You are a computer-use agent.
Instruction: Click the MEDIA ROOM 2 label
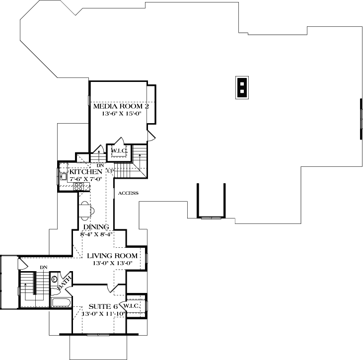click(x=121, y=106)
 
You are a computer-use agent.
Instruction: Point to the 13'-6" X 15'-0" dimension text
click(x=121, y=113)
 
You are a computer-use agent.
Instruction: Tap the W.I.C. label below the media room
click(x=119, y=150)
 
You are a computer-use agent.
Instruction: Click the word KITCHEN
click(x=86, y=172)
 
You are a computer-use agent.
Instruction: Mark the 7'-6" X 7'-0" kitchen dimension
click(x=86, y=179)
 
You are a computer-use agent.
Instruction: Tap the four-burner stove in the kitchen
click(x=78, y=187)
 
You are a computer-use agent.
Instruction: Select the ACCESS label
click(x=128, y=193)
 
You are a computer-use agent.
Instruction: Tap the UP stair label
click(x=110, y=171)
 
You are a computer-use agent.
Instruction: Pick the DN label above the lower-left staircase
click(x=44, y=267)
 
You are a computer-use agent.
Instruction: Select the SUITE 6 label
click(x=103, y=306)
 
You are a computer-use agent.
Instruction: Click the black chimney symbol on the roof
click(x=241, y=87)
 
